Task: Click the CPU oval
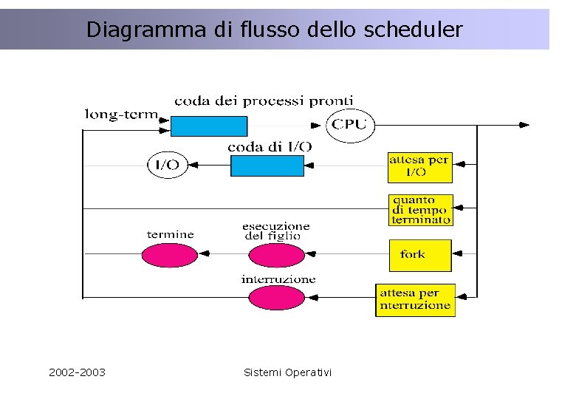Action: click(350, 125)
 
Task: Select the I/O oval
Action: click(168, 165)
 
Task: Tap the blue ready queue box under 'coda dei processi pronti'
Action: click(208, 126)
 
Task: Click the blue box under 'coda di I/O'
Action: click(267, 165)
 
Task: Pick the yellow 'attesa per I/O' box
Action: click(419, 167)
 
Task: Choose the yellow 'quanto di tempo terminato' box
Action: click(420, 210)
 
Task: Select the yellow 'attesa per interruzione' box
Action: click(415, 299)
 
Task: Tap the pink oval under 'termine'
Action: click(170, 255)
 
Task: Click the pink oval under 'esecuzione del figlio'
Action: click(276, 255)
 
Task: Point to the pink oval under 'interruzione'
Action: click(276, 299)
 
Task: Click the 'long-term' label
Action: click(122, 114)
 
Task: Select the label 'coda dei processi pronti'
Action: click(264, 100)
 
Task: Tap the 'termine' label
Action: click(171, 234)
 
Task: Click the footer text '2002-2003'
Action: click(77, 372)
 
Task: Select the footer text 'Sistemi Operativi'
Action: click(287, 372)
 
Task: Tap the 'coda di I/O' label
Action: click(270, 147)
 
